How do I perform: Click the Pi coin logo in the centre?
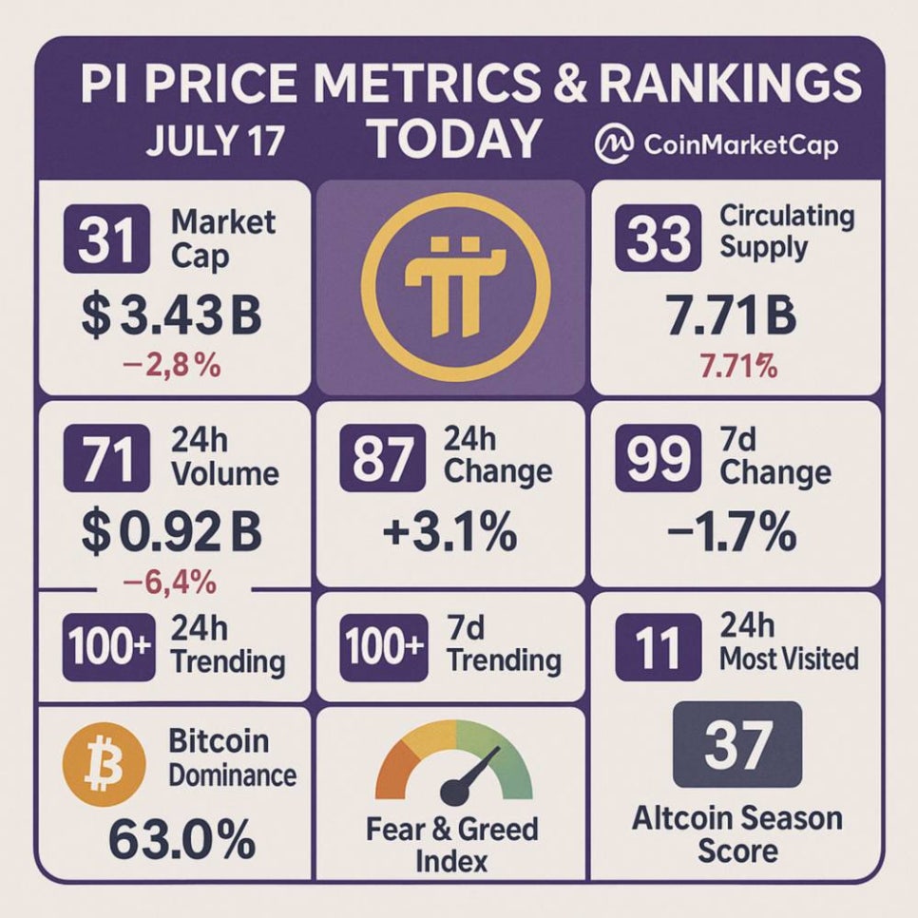pyautogui.click(x=449, y=287)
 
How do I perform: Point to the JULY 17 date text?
pyautogui.click(x=215, y=142)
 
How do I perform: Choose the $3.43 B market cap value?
pyautogui.click(x=171, y=317)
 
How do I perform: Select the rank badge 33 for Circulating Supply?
pyautogui.click(x=659, y=235)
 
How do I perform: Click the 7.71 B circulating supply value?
pyautogui.click(x=731, y=316)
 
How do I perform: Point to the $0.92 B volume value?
pyautogui.click(x=171, y=533)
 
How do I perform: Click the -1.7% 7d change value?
pyautogui.click(x=731, y=533)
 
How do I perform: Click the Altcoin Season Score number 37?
pyautogui.click(x=737, y=746)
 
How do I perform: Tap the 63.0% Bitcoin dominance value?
pyautogui.click(x=181, y=838)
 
